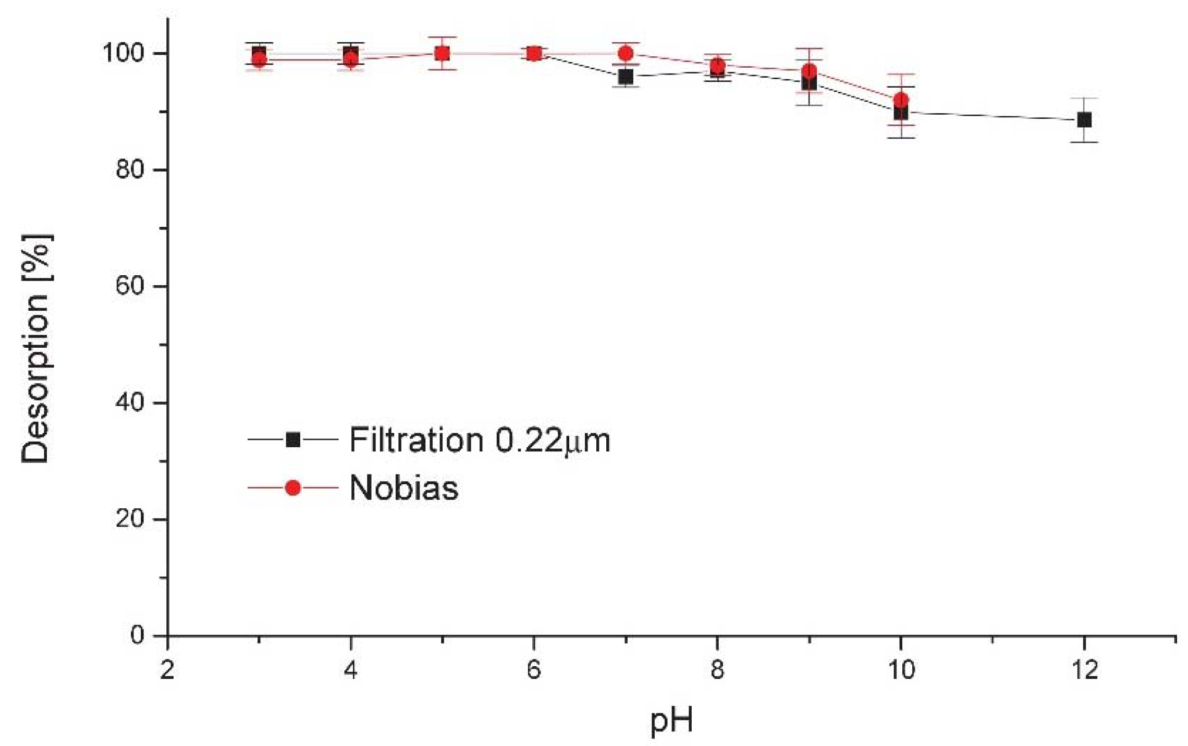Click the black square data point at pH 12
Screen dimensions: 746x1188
[1084, 120]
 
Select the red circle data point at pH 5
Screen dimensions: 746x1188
[442, 53]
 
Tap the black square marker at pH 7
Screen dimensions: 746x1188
[626, 77]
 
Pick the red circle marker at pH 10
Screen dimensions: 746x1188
[901, 100]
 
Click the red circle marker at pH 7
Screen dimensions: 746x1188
[626, 53]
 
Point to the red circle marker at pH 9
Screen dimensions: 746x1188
[809, 71]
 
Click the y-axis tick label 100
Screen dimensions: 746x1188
[123, 53]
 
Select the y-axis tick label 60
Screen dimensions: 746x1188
[129, 286]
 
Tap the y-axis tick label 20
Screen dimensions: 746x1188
[129, 519]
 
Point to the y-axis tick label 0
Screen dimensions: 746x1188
[137, 635]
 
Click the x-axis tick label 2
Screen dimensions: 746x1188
[167, 670]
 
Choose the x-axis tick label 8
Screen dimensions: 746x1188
[717, 670]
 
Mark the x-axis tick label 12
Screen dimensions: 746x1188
[1084, 670]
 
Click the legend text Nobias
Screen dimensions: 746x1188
[404, 488]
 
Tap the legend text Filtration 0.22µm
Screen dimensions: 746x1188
[480, 440]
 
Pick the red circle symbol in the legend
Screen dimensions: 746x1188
[293, 488]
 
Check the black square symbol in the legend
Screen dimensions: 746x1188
[293, 439]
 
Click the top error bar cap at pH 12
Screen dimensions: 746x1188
[1084, 98]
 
